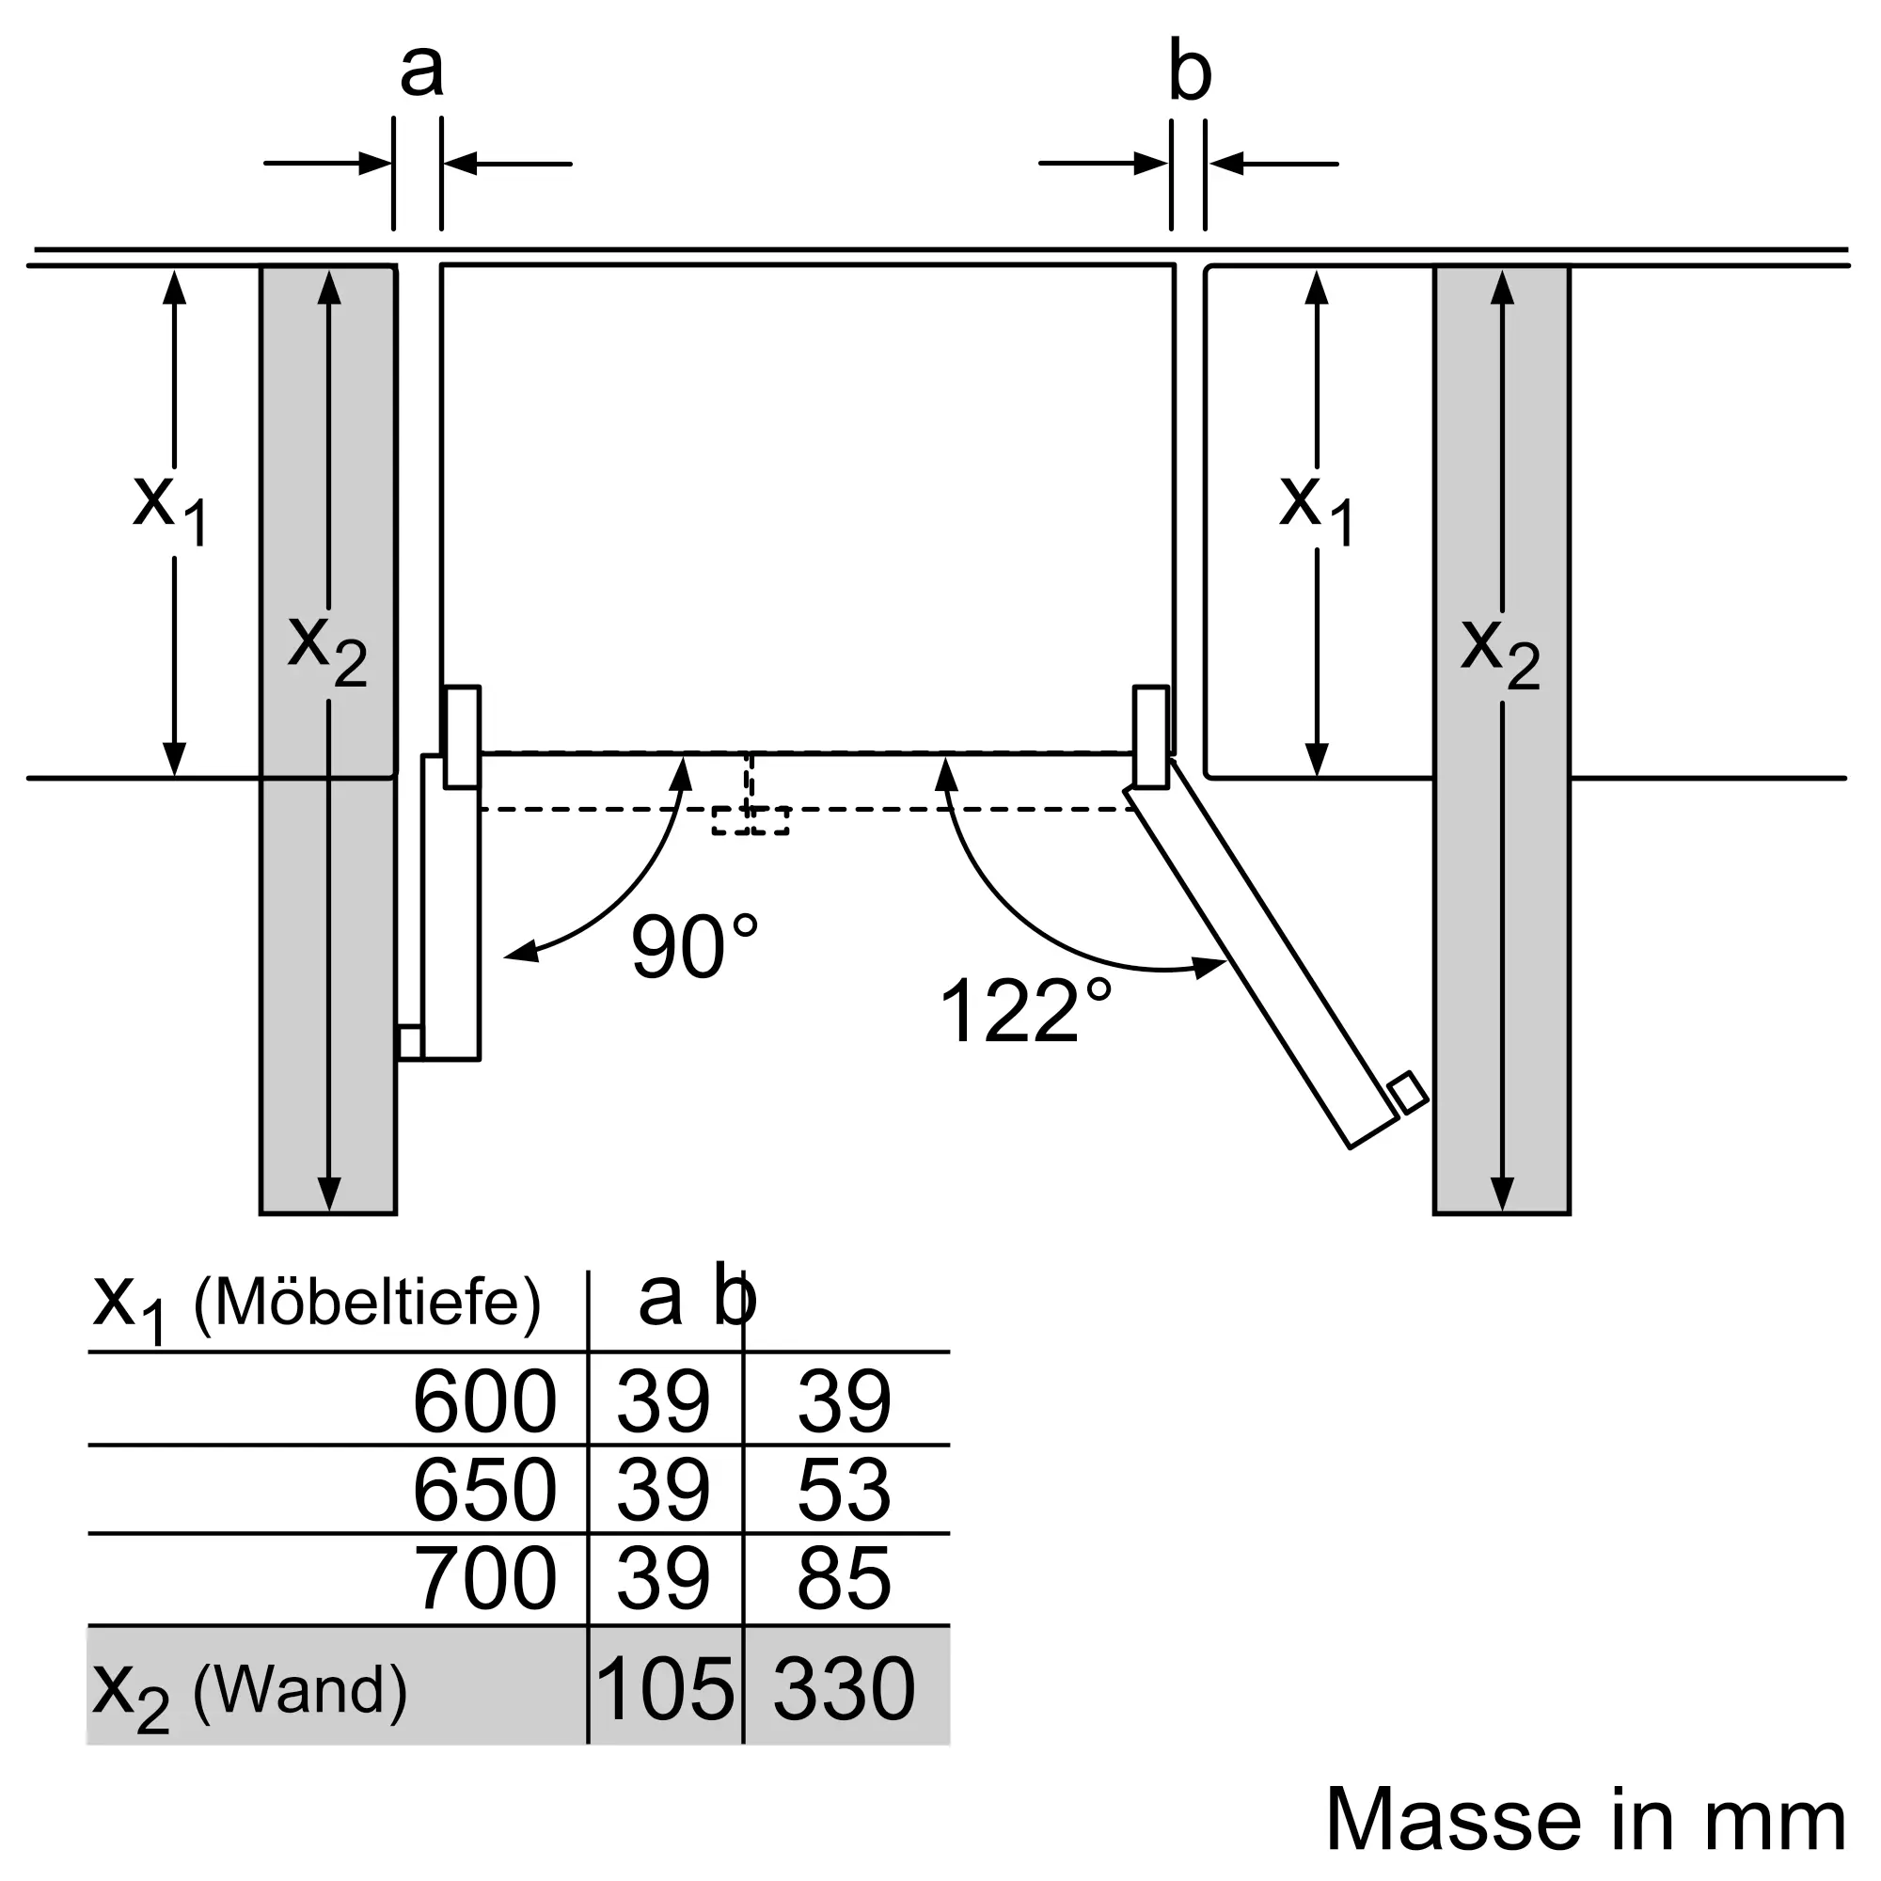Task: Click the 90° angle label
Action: point(693,946)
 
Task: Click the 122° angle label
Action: point(1024,1011)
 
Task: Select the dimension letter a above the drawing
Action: point(420,71)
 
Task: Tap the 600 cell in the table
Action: point(483,1401)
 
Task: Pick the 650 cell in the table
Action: point(483,1490)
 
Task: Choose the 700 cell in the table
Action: point(483,1578)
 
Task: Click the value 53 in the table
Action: point(843,1490)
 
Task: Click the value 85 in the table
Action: point(843,1578)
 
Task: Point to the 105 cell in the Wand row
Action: point(664,1688)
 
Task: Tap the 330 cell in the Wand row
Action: point(843,1688)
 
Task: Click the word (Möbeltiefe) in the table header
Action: point(367,1302)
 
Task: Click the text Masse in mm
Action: point(1585,1819)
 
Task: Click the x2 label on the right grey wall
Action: point(1499,651)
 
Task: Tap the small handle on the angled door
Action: point(1408,1092)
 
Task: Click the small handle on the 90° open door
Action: point(410,1042)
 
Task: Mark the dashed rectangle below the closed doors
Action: point(750,820)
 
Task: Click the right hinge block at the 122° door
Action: point(1151,736)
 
